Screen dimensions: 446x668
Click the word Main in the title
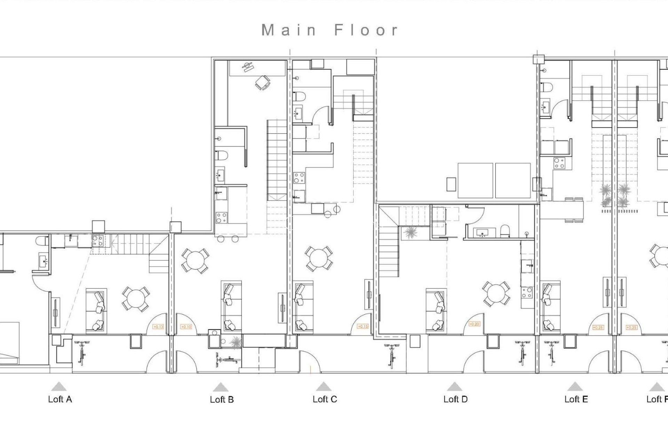click(x=288, y=30)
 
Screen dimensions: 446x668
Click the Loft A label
click(x=60, y=399)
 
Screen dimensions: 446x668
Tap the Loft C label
click(x=325, y=399)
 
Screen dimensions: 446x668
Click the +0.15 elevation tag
click(x=363, y=326)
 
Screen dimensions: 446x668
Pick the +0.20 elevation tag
click(x=474, y=324)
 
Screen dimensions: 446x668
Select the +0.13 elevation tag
click(x=158, y=327)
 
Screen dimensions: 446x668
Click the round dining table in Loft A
click(x=136, y=299)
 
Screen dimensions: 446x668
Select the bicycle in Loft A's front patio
click(x=82, y=353)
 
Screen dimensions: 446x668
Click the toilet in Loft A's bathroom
click(x=42, y=240)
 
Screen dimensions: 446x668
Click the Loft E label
click(x=576, y=399)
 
